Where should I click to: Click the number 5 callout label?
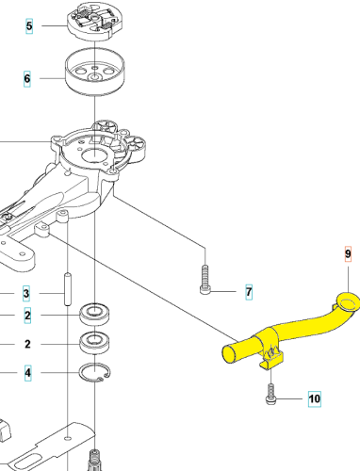coord(28,26)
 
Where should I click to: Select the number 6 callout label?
coord(28,79)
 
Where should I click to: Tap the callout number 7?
coord(249,292)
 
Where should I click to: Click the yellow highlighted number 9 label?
coord(346,255)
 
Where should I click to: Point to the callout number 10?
coord(314,399)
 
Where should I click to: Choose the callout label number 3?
coord(27,293)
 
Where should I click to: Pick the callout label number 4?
coord(27,373)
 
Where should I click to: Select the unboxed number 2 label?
coord(27,345)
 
